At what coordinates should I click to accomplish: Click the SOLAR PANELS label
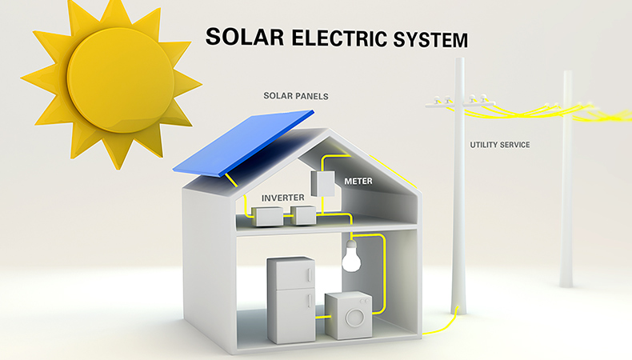coord(296,96)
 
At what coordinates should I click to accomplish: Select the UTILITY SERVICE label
coord(499,145)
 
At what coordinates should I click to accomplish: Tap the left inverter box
coord(267,214)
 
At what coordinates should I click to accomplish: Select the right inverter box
coord(304,214)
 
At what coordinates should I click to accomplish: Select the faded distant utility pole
coord(566,184)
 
